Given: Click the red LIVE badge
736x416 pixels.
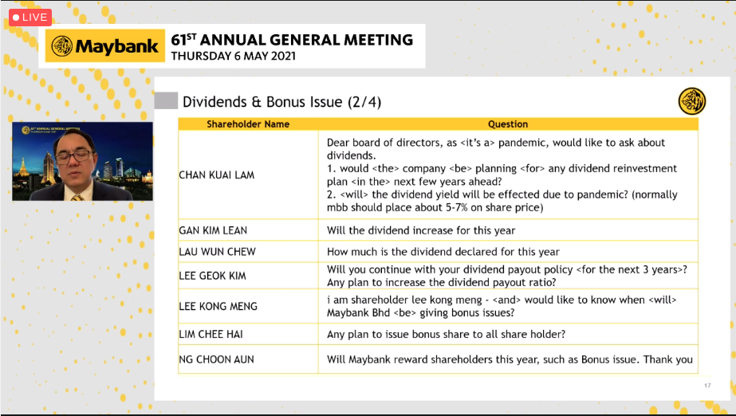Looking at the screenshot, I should pos(30,17).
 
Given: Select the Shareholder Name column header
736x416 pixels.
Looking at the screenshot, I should pos(248,124).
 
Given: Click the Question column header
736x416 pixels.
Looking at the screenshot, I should pos(508,124).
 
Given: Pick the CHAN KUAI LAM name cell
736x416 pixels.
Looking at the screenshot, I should pos(217,175).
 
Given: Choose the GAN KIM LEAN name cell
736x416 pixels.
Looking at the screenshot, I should pos(214,230).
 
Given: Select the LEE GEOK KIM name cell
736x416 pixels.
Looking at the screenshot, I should pos(213,276).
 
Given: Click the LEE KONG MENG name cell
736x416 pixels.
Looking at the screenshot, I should pos(218,306).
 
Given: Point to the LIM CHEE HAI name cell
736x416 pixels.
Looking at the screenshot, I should pos(211,335).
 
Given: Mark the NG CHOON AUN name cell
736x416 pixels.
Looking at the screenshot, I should pos(216,359).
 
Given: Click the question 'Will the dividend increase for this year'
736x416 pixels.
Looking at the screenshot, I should pos(421,230).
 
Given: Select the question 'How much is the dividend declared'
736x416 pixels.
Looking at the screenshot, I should pos(443,252).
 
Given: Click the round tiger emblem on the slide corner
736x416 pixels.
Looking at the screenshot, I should pos(691,101).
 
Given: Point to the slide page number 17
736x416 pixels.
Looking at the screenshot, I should pos(706,386).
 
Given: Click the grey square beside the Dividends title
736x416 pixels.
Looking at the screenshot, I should pos(166,101).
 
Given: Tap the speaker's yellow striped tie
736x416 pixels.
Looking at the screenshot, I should pos(77,194).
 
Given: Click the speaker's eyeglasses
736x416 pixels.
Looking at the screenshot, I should pos(79,154).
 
